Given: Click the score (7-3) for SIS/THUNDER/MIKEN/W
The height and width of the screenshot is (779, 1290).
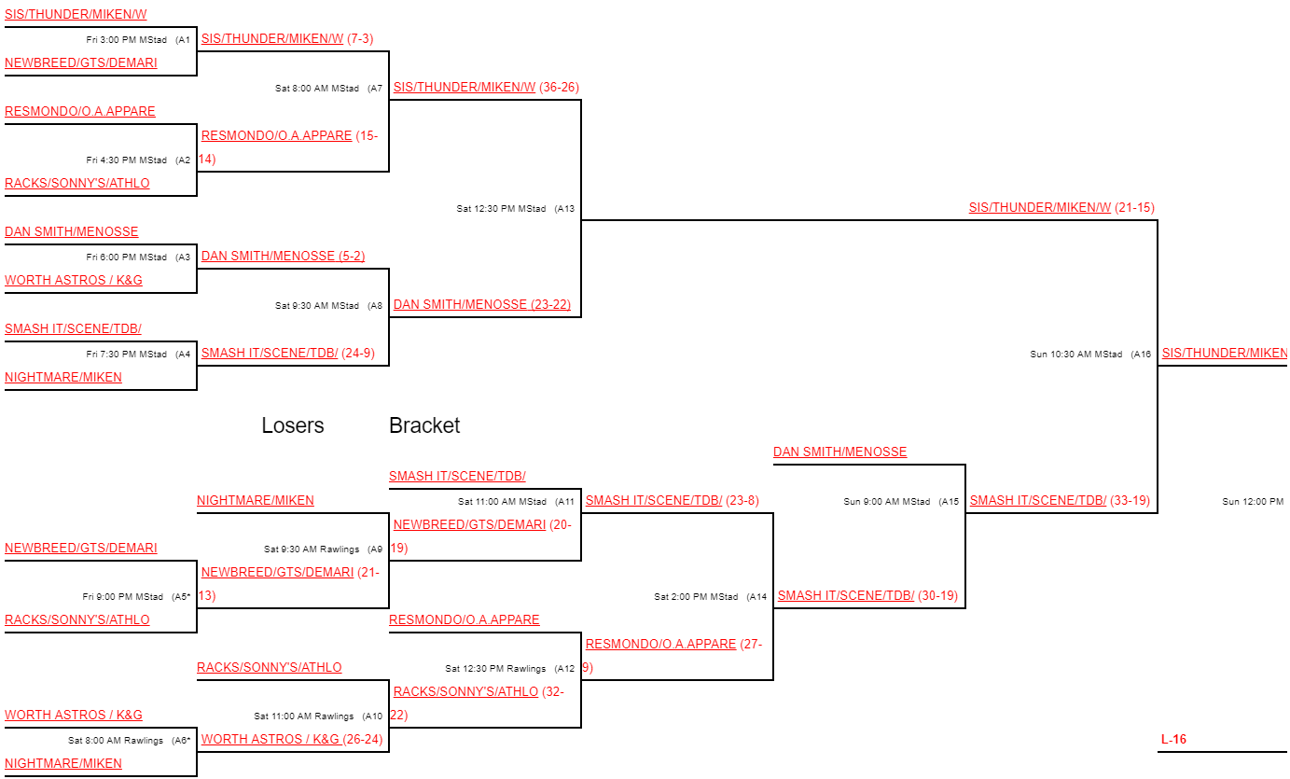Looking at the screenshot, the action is [x=360, y=39].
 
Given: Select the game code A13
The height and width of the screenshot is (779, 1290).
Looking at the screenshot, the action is [x=565, y=209].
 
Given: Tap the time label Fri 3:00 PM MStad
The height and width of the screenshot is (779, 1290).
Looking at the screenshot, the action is [x=127, y=40].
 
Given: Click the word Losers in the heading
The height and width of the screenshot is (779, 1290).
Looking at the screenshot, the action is [x=293, y=425].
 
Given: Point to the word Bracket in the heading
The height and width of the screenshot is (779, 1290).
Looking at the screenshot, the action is [x=424, y=425].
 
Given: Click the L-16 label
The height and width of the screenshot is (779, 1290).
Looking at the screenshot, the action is [x=1173, y=740].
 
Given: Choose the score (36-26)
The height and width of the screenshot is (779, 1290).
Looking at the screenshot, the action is [x=559, y=88].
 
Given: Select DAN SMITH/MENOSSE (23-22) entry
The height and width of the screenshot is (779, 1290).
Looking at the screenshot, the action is [x=482, y=304].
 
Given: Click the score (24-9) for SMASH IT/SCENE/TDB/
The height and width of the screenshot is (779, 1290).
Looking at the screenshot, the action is [x=358, y=354].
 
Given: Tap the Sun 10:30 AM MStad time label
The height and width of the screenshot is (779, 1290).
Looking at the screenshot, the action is [x=1076, y=355].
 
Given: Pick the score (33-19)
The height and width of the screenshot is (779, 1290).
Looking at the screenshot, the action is [x=1130, y=501].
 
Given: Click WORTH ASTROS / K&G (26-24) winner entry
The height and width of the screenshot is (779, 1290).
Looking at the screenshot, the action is [x=292, y=740].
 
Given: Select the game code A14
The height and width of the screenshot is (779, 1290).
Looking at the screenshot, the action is [x=757, y=597].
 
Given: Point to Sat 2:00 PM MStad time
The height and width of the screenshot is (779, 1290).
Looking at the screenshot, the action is [x=696, y=597].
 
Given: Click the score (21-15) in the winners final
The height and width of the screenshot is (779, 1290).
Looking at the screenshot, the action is [x=1135, y=208].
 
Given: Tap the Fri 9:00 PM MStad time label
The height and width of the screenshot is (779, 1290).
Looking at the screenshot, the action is [x=123, y=597].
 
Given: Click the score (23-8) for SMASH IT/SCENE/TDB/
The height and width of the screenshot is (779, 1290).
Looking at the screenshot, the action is [x=742, y=501].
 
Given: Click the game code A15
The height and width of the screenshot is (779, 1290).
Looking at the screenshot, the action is [x=949, y=502].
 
